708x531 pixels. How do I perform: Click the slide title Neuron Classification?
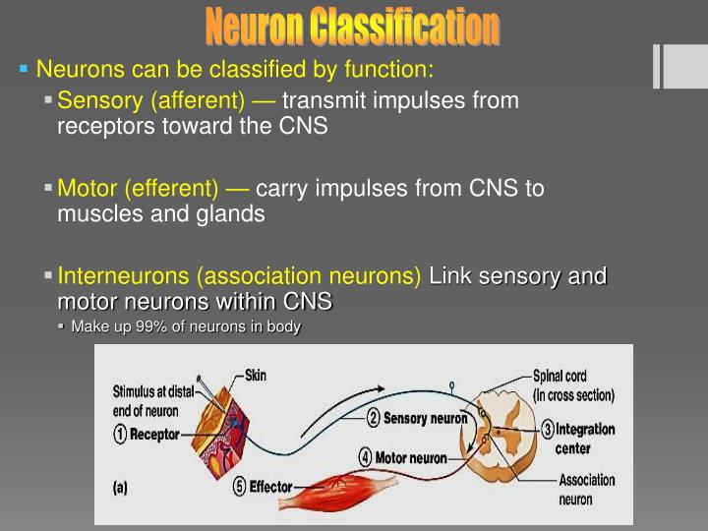tap(353, 27)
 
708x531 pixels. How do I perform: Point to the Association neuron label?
tap(587, 490)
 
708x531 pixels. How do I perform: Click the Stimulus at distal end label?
tap(153, 399)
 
